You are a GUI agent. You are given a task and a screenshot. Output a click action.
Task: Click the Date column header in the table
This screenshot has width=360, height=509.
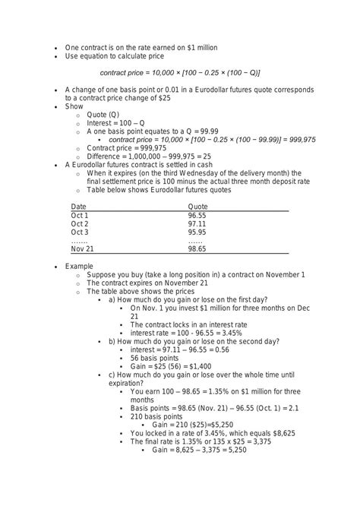78,206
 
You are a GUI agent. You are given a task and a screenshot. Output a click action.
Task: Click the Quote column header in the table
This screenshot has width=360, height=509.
197,206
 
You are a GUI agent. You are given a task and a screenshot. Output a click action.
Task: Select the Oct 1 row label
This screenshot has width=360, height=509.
80,215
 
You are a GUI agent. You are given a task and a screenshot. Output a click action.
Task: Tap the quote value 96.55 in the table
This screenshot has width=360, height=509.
197,215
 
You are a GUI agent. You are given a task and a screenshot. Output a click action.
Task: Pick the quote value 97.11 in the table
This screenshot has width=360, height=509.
197,224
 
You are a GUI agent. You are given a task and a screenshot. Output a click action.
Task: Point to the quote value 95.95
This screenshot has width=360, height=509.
197,232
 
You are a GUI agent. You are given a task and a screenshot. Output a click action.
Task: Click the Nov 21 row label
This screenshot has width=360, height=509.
82,249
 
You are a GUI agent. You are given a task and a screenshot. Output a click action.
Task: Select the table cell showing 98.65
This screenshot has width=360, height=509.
197,249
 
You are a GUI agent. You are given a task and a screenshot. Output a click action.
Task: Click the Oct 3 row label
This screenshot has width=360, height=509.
80,232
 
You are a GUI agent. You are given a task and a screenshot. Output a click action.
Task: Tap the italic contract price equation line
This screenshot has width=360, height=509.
180,73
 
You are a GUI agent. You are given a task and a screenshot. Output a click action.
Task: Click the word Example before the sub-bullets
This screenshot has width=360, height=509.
78,266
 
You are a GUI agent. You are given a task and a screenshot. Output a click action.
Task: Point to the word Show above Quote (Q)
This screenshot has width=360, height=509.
74,106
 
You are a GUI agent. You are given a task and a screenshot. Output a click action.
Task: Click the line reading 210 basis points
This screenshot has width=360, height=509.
156,416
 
